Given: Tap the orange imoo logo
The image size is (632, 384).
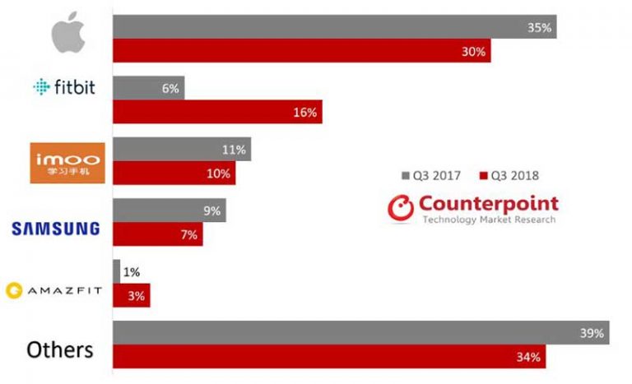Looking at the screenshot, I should [x=67, y=161].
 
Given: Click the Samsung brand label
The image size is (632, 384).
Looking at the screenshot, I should [x=56, y=227].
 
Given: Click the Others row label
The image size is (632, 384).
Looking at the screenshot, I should [x=60, y=349].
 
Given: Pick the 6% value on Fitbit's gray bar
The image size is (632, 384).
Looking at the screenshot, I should [x=170, y=88].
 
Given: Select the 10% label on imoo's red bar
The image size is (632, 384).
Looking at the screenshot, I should [x=221, y=173].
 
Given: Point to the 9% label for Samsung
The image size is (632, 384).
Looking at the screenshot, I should [x=211, y=211].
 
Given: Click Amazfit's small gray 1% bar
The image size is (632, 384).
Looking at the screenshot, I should [x=116, y=271].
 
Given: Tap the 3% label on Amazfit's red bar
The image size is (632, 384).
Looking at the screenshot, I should [x=136, y=295].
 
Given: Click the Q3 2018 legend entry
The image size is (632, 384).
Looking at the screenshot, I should [x=509, y=175].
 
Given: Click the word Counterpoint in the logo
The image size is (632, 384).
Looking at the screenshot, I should [x=488, y=202].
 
